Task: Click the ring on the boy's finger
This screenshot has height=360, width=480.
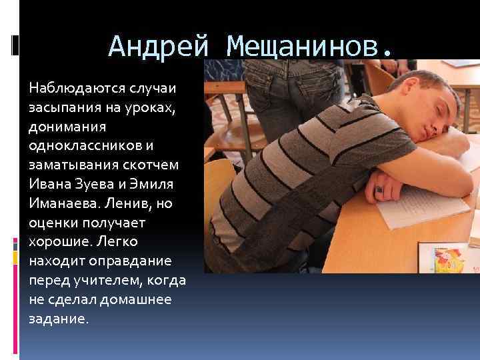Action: pyautogui.click(x=379, y=189)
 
